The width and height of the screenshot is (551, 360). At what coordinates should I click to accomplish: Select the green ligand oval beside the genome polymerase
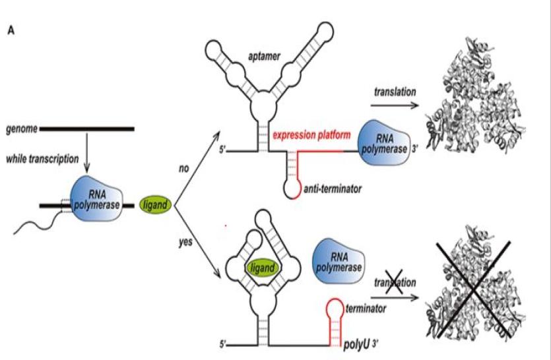point(155,206)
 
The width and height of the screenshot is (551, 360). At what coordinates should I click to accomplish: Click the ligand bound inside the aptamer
point(263,268)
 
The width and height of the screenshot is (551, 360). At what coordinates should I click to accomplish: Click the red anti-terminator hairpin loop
point(291,188)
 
